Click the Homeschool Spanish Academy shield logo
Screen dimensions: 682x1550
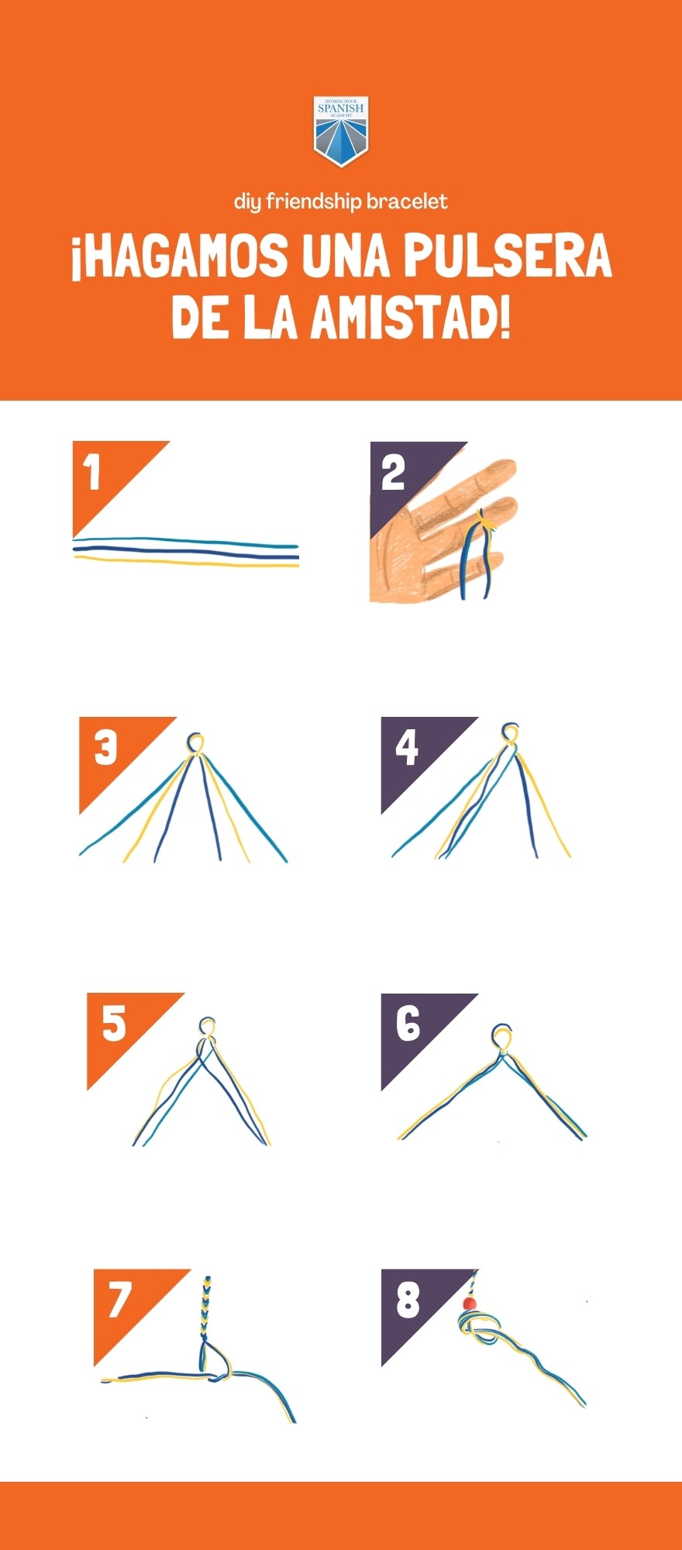341,132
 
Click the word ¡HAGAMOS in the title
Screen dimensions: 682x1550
179,257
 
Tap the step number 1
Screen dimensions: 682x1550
93,473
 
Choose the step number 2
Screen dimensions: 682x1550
393,473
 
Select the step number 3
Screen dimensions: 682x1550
105,748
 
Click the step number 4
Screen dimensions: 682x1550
407,748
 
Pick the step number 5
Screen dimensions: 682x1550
114,1023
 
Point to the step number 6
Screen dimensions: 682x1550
408,1023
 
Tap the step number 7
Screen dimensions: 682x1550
120,1299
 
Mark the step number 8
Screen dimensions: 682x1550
408,1299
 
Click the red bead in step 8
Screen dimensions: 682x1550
468,1304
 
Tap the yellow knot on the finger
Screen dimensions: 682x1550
486,522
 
